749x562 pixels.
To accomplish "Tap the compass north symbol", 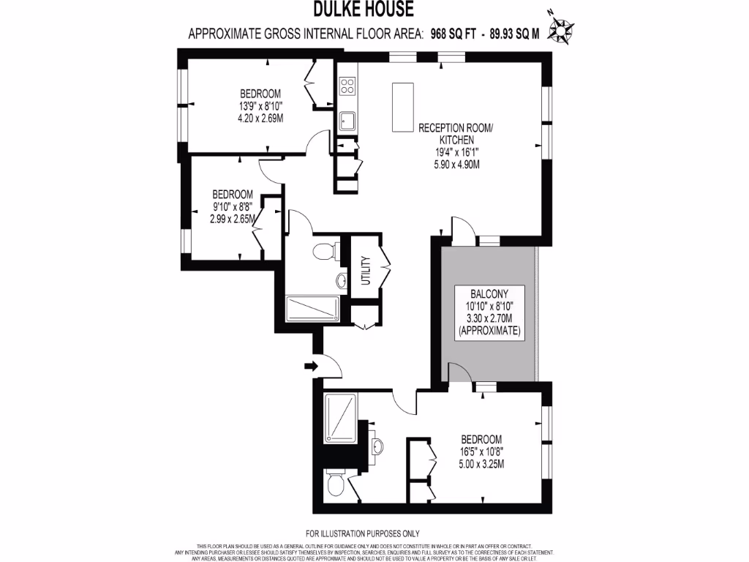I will coord(561,29).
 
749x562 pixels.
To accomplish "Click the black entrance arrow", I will coord(310,365).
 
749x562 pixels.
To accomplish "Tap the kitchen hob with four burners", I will coord(347,85).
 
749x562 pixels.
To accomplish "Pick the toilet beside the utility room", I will coord(323,253).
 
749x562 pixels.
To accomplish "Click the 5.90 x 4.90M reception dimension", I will coord(456,165).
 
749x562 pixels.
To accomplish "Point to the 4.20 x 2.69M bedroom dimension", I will coord(261,118).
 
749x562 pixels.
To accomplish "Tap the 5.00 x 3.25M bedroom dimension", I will coord(481,464).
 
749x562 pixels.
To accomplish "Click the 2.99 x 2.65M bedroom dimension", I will coord(233,219).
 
